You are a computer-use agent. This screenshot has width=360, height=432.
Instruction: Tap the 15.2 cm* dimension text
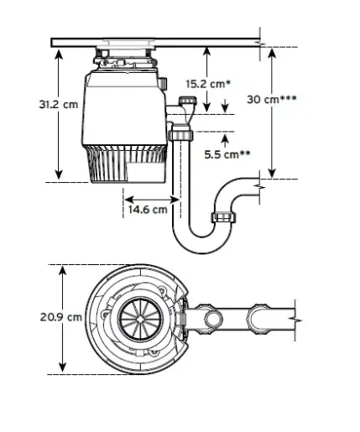[x=208, y=83]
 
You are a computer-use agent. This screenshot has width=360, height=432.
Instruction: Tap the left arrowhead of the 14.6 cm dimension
[x=128, y=199]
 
